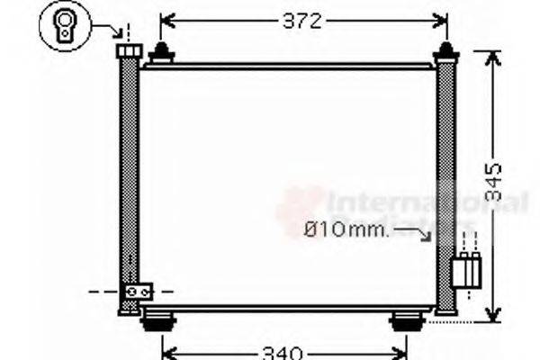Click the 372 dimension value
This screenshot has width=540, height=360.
(301, 21)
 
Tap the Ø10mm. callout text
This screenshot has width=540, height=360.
(346, 230)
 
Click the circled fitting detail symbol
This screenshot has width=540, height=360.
(65, 24)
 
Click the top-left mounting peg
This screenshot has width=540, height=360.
(161, 53)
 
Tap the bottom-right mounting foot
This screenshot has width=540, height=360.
(406, 319)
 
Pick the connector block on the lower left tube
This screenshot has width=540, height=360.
(139, 292)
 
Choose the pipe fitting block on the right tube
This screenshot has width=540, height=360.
(466, 269)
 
